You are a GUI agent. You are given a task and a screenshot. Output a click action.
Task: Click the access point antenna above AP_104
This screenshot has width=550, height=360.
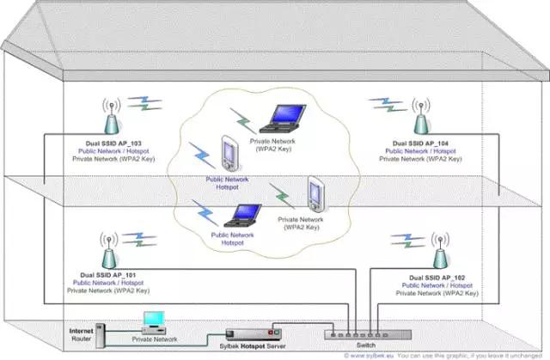[x=420, y=116]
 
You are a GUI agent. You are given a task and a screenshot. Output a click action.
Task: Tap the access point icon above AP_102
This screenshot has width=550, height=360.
[x=438, y=249]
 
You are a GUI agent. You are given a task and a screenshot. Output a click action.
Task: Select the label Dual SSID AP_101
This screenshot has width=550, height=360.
[x=107, y=275]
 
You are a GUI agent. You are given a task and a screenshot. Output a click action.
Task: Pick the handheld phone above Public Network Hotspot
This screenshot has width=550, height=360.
[x=228, y=154]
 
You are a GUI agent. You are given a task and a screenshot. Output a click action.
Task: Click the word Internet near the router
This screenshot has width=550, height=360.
[x=79, y=329]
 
